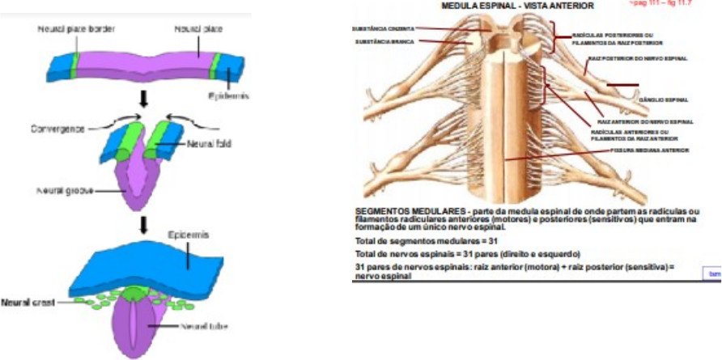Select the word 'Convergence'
(x=60, y=128)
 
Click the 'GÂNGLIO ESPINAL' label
(x=664, y=100)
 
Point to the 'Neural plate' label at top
(x=197, y=28)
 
